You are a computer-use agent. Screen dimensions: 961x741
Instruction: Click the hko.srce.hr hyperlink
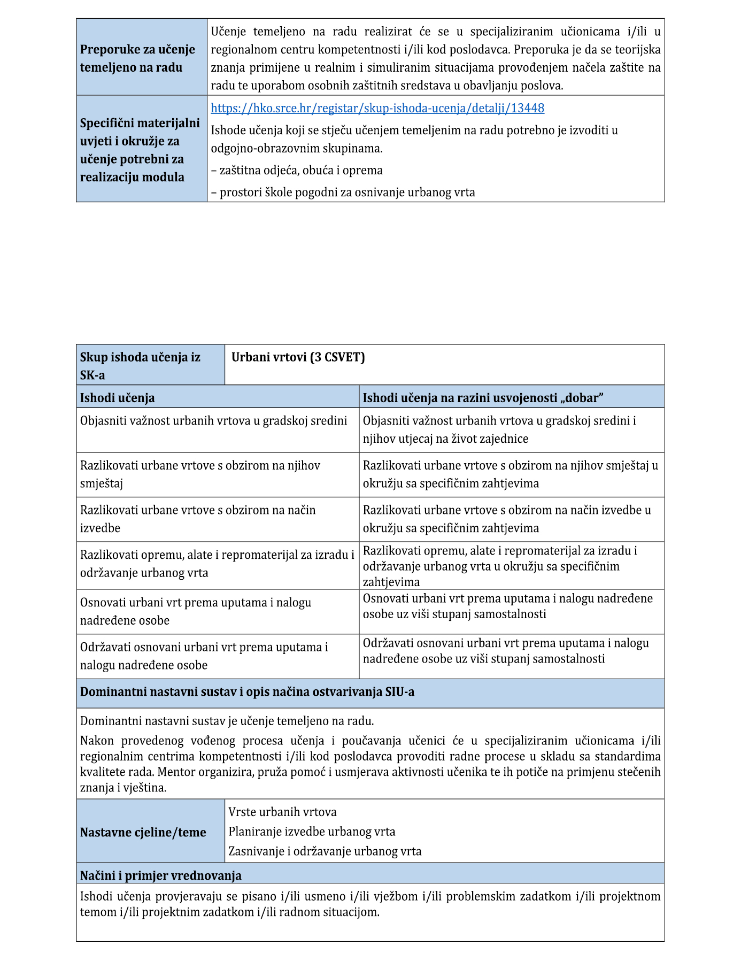coord(377,108)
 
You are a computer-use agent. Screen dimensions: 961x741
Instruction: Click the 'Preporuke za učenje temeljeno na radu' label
coord(137,58)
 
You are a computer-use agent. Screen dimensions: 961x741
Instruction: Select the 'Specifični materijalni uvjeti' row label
coord(140,150)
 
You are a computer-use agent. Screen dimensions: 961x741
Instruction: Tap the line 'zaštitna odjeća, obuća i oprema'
coord(297,171)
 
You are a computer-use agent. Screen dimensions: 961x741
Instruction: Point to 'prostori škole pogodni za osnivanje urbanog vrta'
coord(343,193)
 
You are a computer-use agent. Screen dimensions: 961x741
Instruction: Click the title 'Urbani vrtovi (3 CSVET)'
coord(298,357)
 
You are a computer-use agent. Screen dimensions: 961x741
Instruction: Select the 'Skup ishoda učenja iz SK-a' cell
coord(140,366)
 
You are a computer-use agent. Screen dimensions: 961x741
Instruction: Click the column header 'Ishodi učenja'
coord(118,398)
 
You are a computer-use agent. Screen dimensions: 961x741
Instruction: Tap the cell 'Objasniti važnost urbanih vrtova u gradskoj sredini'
coord(214,421)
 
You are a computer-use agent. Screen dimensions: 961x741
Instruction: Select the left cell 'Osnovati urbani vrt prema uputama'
coord(196,611)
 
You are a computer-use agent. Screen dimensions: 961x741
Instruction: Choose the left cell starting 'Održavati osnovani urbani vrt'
coord(204,656)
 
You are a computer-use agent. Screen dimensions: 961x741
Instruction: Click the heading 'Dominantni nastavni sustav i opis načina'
coord(247,692)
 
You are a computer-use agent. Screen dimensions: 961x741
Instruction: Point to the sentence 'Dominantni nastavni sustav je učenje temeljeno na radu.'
coord(227,721)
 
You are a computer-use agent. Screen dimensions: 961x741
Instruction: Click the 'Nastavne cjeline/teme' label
coord(143,832)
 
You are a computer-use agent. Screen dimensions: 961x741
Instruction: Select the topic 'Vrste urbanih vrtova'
coord(283,812)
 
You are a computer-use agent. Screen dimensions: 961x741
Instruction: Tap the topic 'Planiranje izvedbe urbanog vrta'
coord(312,832)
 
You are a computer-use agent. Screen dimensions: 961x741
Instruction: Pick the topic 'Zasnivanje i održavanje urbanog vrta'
coord(325,851)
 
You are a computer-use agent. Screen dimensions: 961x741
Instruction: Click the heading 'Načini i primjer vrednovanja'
coord(161,875)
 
